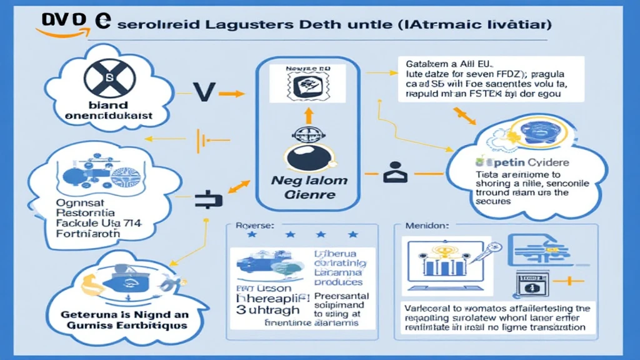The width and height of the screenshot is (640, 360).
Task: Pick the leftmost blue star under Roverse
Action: click(252, 235)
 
